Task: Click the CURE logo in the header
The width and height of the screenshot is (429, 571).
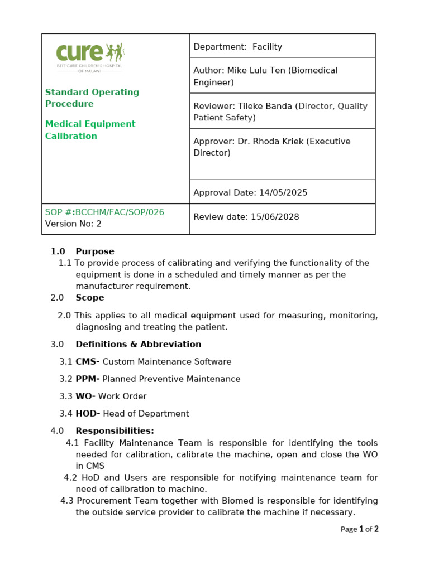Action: point(89,56)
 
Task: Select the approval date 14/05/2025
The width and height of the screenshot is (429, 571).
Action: point(283,193)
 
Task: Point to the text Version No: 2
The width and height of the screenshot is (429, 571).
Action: point(73,224)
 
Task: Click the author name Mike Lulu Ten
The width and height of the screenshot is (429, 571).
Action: point(256,71)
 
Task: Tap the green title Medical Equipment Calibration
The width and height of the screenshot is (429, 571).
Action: point(90,130)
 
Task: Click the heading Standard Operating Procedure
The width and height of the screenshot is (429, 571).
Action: point(92,98)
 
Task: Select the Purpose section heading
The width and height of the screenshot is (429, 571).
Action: point(95,251)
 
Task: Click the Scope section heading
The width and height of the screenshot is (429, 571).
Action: point(90,298)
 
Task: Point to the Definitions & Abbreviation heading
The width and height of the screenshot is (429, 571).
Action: point(138,345)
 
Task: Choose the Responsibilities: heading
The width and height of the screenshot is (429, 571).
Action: point(115,431)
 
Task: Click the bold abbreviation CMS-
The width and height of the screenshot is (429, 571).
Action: point(88,362)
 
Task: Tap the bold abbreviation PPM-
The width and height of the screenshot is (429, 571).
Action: point(88,379)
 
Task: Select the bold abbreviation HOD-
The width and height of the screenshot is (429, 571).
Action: point(88,414)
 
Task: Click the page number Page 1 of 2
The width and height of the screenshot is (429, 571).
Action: point(359,529)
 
